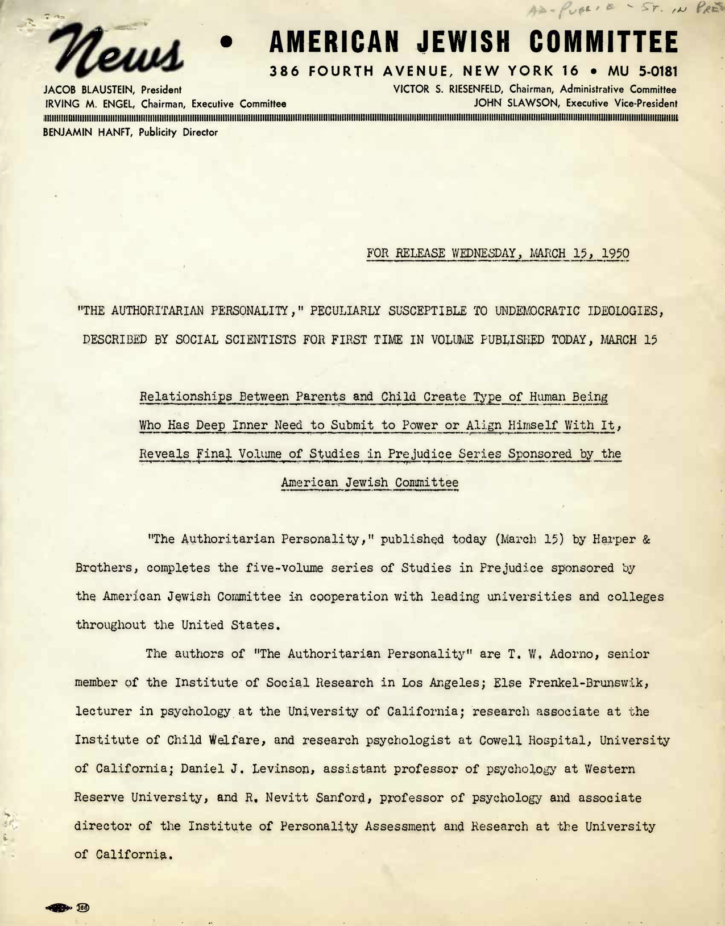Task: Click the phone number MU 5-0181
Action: click(x=643, y=72)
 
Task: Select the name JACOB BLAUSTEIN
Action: click(x=90, y=90)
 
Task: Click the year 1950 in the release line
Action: click(x=615, y=253)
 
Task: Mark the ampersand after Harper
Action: click(x=646, y=539)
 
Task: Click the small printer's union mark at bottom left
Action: click(x=68, y=907)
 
